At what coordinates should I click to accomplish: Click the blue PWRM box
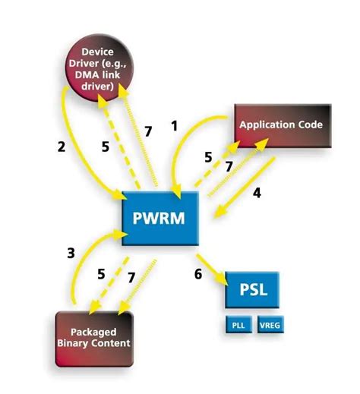point(160,219)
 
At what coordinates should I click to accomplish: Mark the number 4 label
point(257,193)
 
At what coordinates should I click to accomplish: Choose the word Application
point(265,125)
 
